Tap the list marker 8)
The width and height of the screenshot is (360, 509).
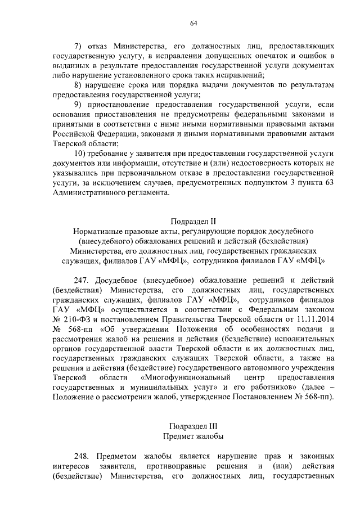(79, 84)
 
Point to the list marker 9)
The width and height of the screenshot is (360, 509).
(79, 105)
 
